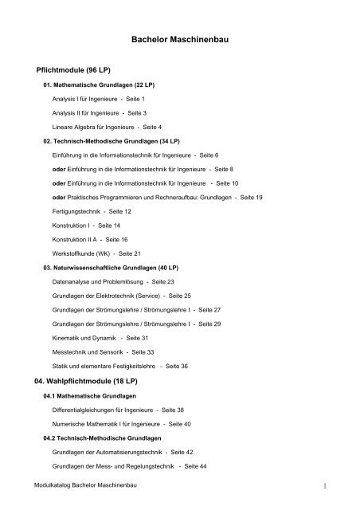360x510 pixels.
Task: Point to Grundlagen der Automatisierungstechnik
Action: coord(117,452)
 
